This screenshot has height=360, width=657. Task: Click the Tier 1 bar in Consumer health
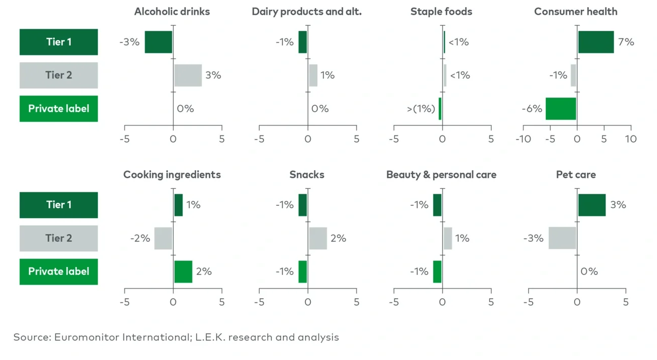point(596,42)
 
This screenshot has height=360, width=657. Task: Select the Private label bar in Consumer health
point(560,109)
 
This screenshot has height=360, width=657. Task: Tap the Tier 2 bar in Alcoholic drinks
point(188,75)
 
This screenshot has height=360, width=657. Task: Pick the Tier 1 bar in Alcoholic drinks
point(159,42)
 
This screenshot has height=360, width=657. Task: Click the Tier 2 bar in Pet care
point(562,238)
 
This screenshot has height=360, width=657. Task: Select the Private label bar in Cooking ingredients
point(183,272)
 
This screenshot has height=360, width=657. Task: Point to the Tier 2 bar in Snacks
point(318,238)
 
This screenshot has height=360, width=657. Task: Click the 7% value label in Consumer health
point(626,42)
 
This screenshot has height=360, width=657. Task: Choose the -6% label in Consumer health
point(532,109)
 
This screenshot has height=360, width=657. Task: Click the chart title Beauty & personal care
point(441,175)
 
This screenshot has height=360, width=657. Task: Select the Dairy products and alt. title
point(307,12)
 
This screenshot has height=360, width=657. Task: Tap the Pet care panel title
point(576,175)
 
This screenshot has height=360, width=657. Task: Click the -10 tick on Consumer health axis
point(523,139)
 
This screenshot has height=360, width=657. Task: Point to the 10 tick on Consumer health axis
point(630,139)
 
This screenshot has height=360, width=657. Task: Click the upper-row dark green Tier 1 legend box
point(59,42)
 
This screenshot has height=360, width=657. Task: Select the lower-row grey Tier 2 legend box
point(59,238)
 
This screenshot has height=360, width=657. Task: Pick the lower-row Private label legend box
point(59,272)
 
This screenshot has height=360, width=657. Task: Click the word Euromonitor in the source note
point(86,337)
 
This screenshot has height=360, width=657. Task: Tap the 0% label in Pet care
point(589,272)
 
